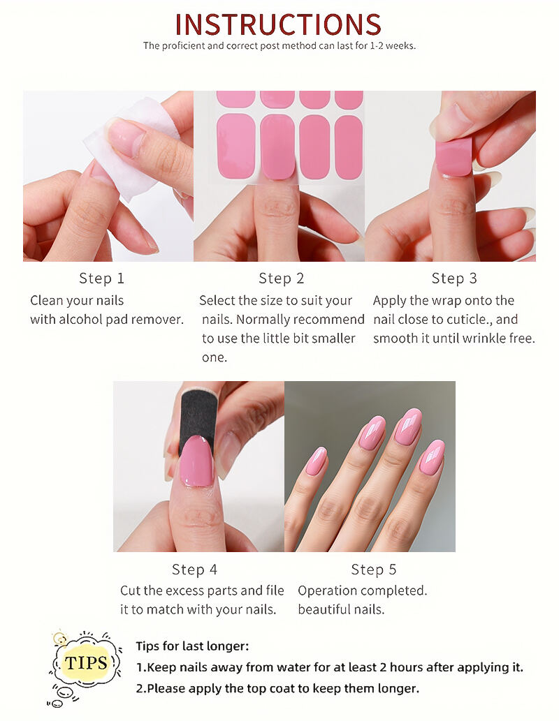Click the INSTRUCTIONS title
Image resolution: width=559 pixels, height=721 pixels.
click(x=278, y=24)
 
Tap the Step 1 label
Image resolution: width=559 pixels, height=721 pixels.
click(x=102, y=278)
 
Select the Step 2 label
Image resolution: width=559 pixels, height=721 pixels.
click(x=282, y=278)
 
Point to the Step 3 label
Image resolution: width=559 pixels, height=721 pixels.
click(x=454, y=278)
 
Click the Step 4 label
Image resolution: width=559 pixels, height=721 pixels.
click(x=194, y=570)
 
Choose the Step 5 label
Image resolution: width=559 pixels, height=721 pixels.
click(x=373, y=570)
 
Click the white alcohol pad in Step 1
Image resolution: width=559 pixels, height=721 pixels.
click(x=131, y=147)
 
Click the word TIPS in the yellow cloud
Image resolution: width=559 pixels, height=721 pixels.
click(x=86, y=662)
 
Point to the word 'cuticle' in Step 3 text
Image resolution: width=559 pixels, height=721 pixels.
click(x=465, y=319)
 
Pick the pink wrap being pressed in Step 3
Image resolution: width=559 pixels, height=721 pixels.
click(x=454, y=157)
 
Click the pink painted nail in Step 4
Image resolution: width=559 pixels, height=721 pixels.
click(x=198, y=461)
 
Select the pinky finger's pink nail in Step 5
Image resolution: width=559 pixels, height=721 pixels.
click(x=317, y=461)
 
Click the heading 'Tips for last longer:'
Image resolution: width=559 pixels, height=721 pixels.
click(x=192, y=646)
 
